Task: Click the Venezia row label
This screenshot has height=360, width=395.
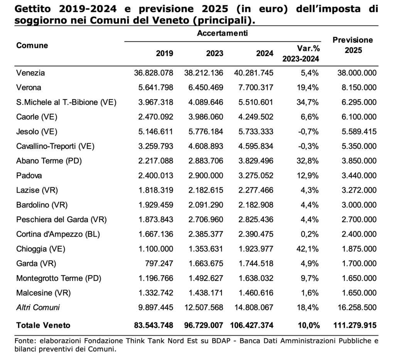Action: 30,73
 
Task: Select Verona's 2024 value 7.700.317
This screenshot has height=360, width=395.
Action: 256,88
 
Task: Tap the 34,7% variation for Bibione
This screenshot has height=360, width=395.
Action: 307,102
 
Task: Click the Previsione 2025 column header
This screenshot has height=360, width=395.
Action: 353,45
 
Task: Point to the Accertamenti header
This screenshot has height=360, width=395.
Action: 223,33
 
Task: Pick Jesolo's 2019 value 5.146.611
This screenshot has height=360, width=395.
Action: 156,132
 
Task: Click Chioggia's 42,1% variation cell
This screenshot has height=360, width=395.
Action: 307,249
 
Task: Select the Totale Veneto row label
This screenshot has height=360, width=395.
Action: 43,325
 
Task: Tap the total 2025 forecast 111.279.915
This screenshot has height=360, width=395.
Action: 355,325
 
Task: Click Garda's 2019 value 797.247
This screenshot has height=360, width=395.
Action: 159,264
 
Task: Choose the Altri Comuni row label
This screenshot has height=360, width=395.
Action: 38,308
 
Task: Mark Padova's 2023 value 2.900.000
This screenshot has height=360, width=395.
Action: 206,176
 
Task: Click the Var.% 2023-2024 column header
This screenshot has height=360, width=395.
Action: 301,53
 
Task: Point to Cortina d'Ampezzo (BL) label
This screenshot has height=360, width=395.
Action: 58,234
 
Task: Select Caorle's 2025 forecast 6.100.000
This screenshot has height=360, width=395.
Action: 359,117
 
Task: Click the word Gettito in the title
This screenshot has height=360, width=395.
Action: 33,9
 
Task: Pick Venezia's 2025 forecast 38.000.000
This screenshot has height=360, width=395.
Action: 357,73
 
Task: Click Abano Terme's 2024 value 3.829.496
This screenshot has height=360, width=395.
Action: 256,161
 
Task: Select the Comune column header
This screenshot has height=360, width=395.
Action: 32,46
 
